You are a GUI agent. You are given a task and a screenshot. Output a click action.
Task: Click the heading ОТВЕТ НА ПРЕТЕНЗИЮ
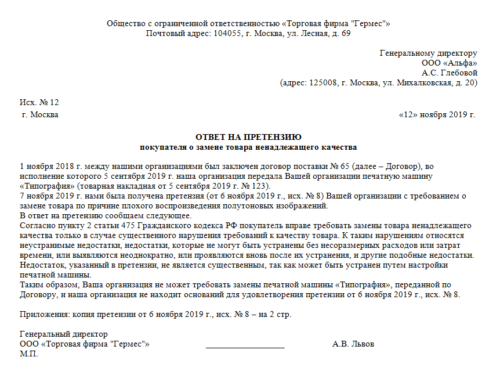pyautogui.click(x=248, y=138)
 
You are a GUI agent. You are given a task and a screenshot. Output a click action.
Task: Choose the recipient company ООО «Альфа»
pyautogui.click(x=449, y=63)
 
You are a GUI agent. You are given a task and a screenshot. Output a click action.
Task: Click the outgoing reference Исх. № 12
pyautogui.click(x=39, y=103)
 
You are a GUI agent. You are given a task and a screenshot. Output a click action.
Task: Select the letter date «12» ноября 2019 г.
pyautogui.click(x=437, y=114)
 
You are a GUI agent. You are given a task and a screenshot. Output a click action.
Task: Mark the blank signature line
pyautogui.click(x=245, y=346)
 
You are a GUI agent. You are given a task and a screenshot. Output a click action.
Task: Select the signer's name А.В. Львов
pyautogui.click(x=353, y=344)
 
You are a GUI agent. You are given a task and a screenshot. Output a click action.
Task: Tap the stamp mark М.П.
pyautogui.click(x=28, y=354)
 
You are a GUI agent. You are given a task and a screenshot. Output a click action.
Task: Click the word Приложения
pyautogui.click(x=44, y=315)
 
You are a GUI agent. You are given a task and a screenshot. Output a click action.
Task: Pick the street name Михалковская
pyautogui.click(x=422, y=83)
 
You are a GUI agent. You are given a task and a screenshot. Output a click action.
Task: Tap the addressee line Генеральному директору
pyautogui.click(x=428, y=53)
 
